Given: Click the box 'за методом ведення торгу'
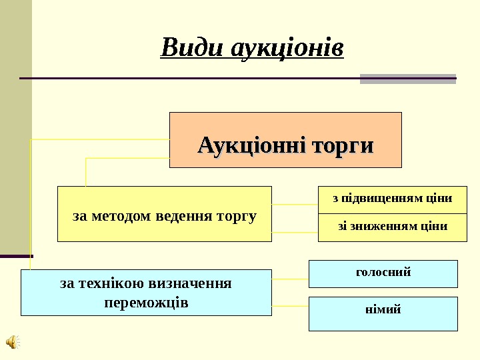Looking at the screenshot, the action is click(x=165, y=214).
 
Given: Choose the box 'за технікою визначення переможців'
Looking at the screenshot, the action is click(x=146, y=293).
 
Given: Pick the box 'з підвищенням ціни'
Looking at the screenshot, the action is click(x=392, y=199).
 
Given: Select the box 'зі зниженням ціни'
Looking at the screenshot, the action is click(x=392, y=227).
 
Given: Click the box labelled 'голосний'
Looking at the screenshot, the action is click(x=383, y=273).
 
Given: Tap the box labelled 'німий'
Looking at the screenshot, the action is click(x=383, y=313).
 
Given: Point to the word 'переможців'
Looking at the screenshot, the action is click(x=146, y=303).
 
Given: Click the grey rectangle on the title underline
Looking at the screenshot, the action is click(x=408, y=79).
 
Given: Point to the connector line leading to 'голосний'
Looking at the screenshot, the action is click(x=291, y=277).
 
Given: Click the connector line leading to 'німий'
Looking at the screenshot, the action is click(x=291, y=306).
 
